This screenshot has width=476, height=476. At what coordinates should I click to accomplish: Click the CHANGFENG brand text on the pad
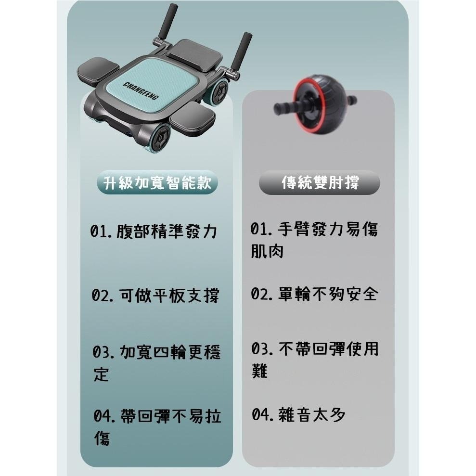point(141,91)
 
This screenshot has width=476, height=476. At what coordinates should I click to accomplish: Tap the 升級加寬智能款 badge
point(157,183)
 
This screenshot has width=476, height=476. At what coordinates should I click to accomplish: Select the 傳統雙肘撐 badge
point(320,183)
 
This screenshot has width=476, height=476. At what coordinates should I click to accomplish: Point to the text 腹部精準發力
point(167,232)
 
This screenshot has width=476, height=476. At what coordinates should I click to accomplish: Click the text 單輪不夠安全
point(328,294)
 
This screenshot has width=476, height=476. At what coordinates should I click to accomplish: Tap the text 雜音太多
point(312,415)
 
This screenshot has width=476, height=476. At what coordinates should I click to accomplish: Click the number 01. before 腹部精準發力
point(102,232)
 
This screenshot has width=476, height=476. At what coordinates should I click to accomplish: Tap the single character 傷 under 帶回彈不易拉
point(102,438)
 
